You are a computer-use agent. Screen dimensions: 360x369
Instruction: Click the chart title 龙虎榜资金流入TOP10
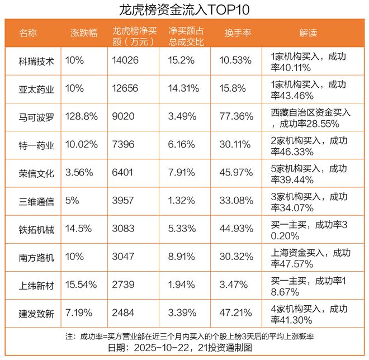(184, 10)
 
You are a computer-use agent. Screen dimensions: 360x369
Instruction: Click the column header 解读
(308, 33)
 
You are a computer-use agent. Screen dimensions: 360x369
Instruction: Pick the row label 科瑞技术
(36, 61)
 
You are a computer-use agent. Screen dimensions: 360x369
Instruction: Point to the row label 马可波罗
(36, 117)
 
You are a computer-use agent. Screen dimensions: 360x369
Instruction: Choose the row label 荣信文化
(36, 173)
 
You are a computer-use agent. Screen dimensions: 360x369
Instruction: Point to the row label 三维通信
(36, 201)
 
